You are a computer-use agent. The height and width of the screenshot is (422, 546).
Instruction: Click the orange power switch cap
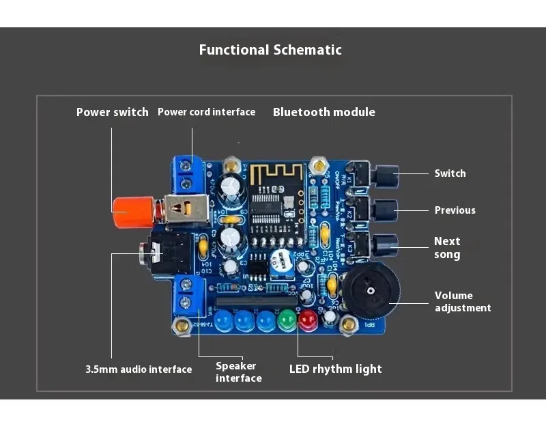coord(128,212)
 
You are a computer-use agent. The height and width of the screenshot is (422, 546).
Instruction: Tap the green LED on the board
coord(287,319)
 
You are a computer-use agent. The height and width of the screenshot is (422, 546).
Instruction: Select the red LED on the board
coord(308,319)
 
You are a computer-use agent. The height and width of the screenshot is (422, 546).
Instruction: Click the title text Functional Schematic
coord(270,50)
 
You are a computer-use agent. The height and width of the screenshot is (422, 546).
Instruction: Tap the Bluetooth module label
coord(324,112)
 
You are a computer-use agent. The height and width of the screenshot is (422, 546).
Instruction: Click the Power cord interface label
coord(206,112)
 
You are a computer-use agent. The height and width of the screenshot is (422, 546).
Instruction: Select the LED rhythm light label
coord(336,369)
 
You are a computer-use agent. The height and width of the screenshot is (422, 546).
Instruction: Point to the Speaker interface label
coord(239,371)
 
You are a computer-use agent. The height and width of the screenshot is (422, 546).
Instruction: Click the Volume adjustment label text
coord(463,302)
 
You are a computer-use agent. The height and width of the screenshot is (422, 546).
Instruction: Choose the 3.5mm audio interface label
coord(139,369)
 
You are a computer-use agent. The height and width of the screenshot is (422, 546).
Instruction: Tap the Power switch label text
coord(113,112)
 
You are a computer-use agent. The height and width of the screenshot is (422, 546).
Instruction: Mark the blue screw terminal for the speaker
coord(187,294)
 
